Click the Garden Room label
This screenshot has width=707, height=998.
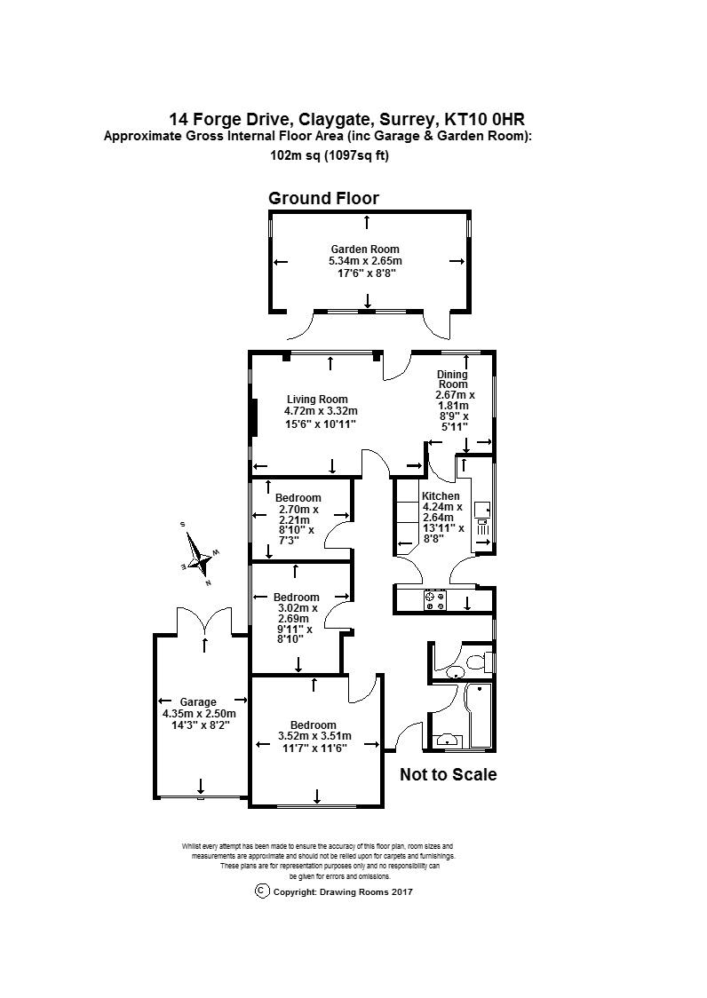pos(365,249)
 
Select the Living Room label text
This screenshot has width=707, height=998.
pos(317,400)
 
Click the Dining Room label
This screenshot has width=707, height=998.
pos(452,379)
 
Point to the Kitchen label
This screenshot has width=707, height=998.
pos(441,496)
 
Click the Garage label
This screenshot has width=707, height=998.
pos(198,702)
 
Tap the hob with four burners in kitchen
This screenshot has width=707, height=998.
pos(436,600)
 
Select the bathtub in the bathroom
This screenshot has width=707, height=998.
pos(480,717)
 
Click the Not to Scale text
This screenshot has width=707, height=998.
pos(449,774)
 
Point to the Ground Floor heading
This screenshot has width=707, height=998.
pos(323,198)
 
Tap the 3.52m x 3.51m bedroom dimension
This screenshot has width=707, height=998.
pos(314,736)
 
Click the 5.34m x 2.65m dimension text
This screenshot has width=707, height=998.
pos(366,261)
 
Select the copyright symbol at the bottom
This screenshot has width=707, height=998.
pos(262,891)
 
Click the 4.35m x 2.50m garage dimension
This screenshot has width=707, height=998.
pos(199,714)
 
